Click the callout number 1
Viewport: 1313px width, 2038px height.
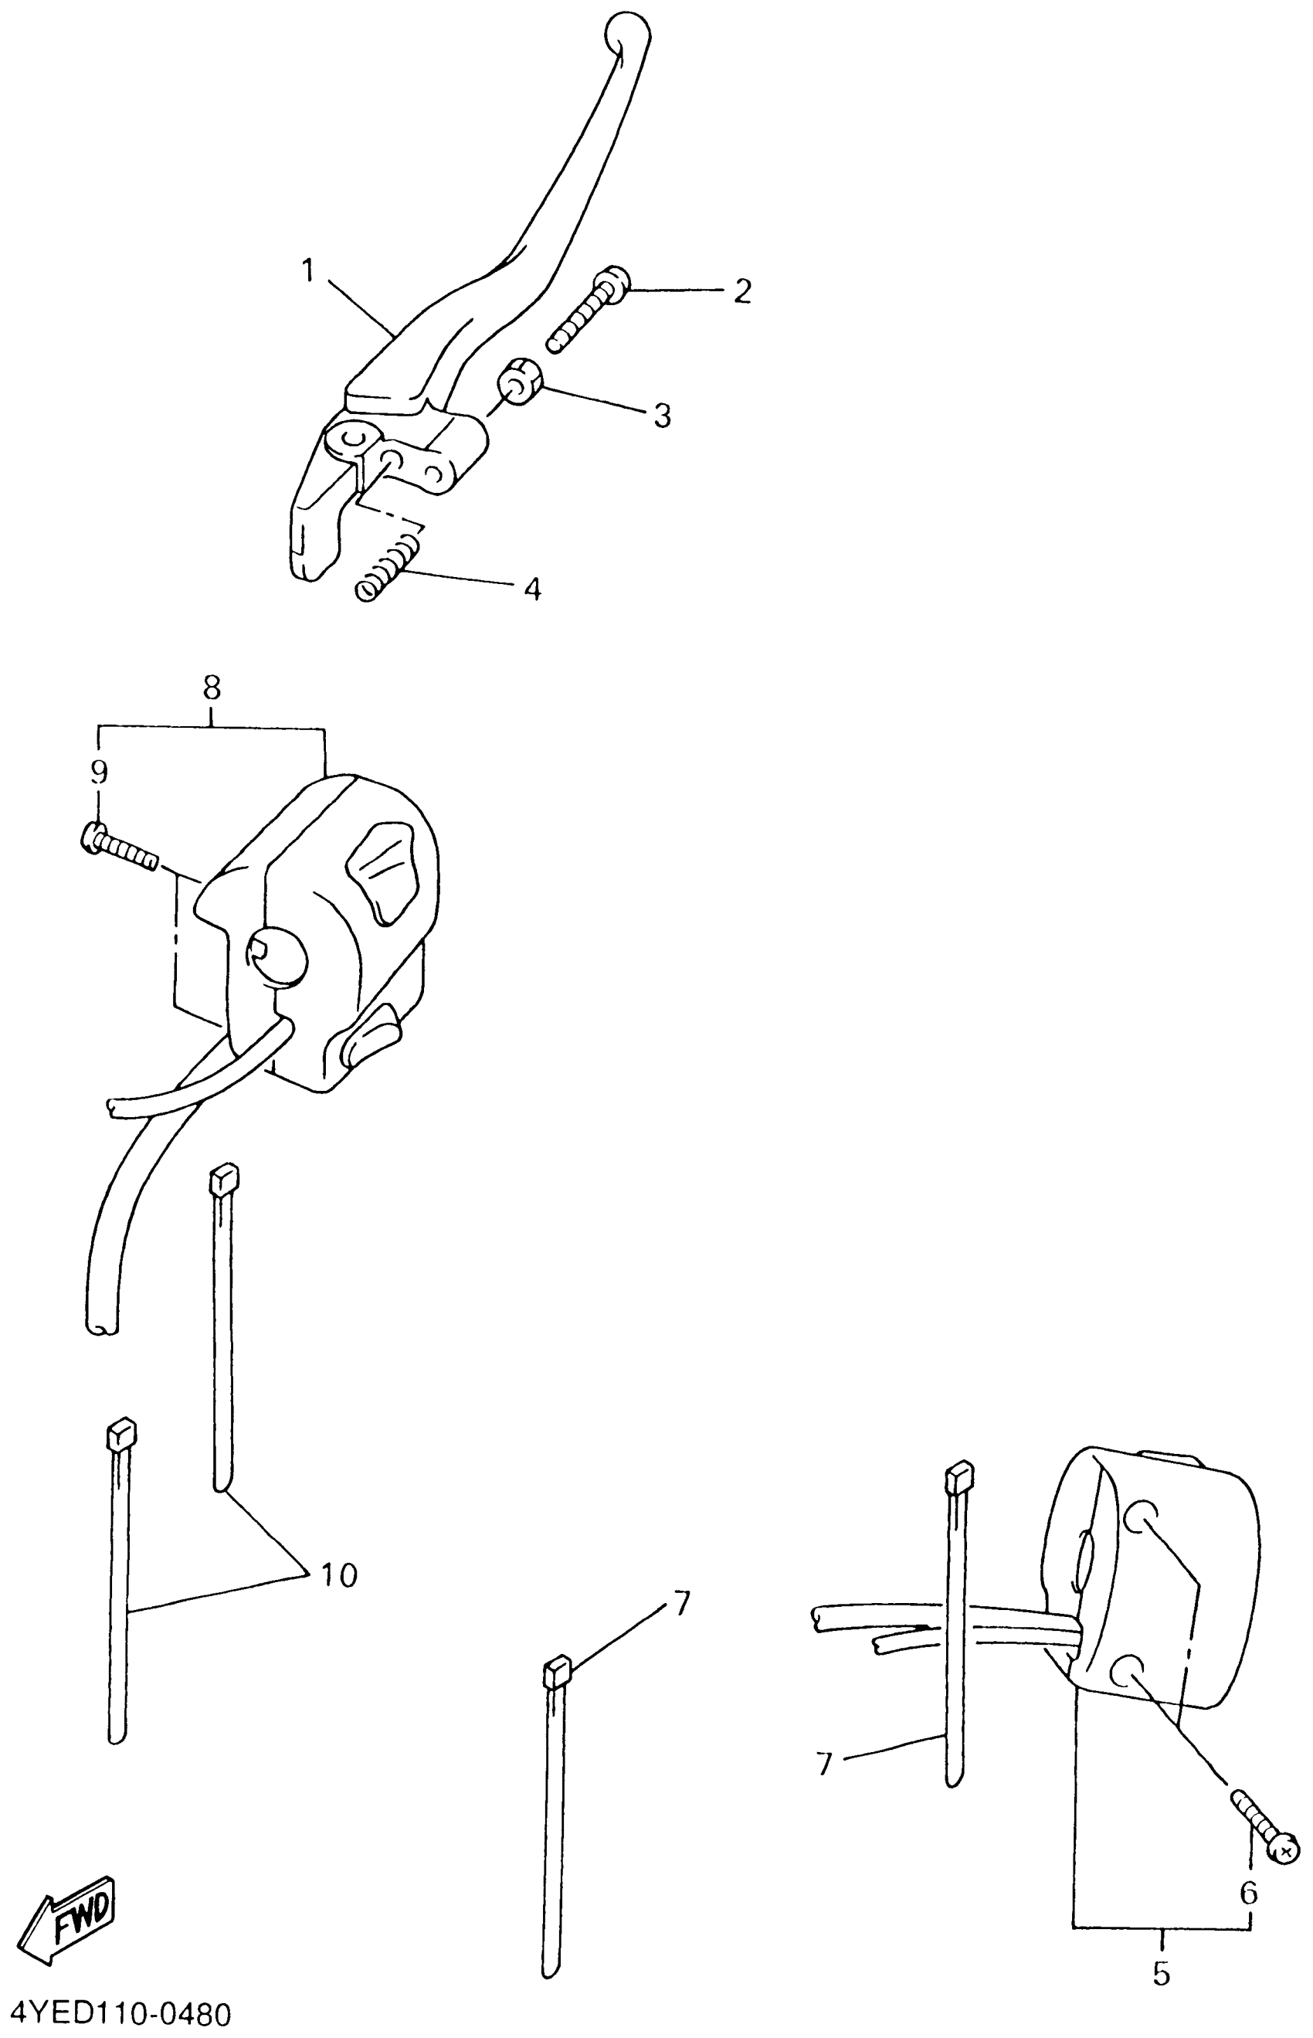pos(308,271)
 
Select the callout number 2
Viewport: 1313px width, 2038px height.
pos(742,291)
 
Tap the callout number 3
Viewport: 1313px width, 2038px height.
pos(663,416)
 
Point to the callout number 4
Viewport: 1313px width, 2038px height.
pos(532,589)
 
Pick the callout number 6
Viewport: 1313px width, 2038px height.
pos(1248,1893)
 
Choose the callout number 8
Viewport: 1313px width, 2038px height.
pos(212,687)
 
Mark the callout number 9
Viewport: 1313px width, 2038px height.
pos(100,772)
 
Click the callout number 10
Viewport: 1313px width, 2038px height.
pos(339,1576)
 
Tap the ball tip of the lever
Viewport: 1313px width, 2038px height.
pos(626,34)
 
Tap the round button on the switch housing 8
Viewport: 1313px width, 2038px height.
pos(277,956)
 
